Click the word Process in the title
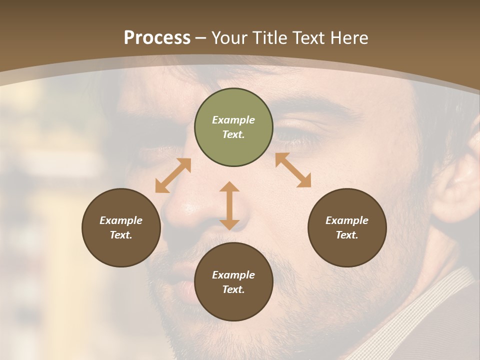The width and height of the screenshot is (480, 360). (x=157, y=38)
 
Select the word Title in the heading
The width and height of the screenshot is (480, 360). (x=270, y=38)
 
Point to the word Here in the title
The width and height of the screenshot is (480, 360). (x=350, y=38)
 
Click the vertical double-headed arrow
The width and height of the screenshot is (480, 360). (x=229, y=206)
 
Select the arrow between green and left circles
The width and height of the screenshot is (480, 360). (x=173, y=175)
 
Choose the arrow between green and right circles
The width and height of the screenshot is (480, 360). (x=293, y=170)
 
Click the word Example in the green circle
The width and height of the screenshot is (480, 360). (x=233, y=120)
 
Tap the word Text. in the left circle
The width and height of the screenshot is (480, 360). (x=121, y=235)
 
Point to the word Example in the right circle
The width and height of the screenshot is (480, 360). (x=347, y=220)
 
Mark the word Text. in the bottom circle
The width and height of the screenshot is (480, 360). (x=233, y=289)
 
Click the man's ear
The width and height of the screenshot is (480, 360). (x=457, y=185)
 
